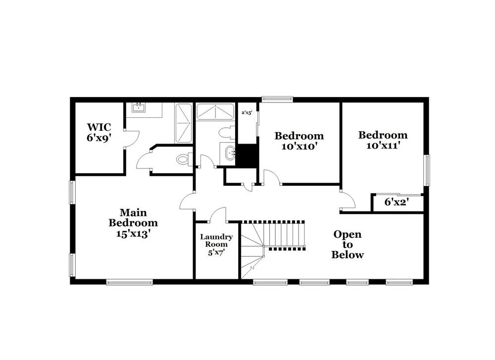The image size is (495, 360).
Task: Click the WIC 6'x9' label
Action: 98,132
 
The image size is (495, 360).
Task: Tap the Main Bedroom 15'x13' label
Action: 133,223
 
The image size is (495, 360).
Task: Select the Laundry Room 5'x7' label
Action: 216,244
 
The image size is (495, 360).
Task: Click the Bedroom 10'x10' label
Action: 299,141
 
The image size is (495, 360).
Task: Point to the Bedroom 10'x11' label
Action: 383,140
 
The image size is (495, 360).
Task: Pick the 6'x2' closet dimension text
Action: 396,202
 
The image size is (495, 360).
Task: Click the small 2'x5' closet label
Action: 247,113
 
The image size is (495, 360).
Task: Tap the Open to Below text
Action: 347,245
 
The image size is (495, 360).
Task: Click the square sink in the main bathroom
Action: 139,108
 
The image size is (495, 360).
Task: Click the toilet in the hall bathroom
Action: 227,133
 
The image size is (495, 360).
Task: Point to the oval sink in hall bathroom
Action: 229,153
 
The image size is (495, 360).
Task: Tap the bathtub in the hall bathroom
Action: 215,111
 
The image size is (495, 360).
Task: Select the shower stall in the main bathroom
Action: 184,123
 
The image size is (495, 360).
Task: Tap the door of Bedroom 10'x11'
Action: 348,199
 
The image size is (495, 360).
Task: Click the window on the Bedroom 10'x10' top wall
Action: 277,99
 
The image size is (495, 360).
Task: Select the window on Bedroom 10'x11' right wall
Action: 426,170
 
